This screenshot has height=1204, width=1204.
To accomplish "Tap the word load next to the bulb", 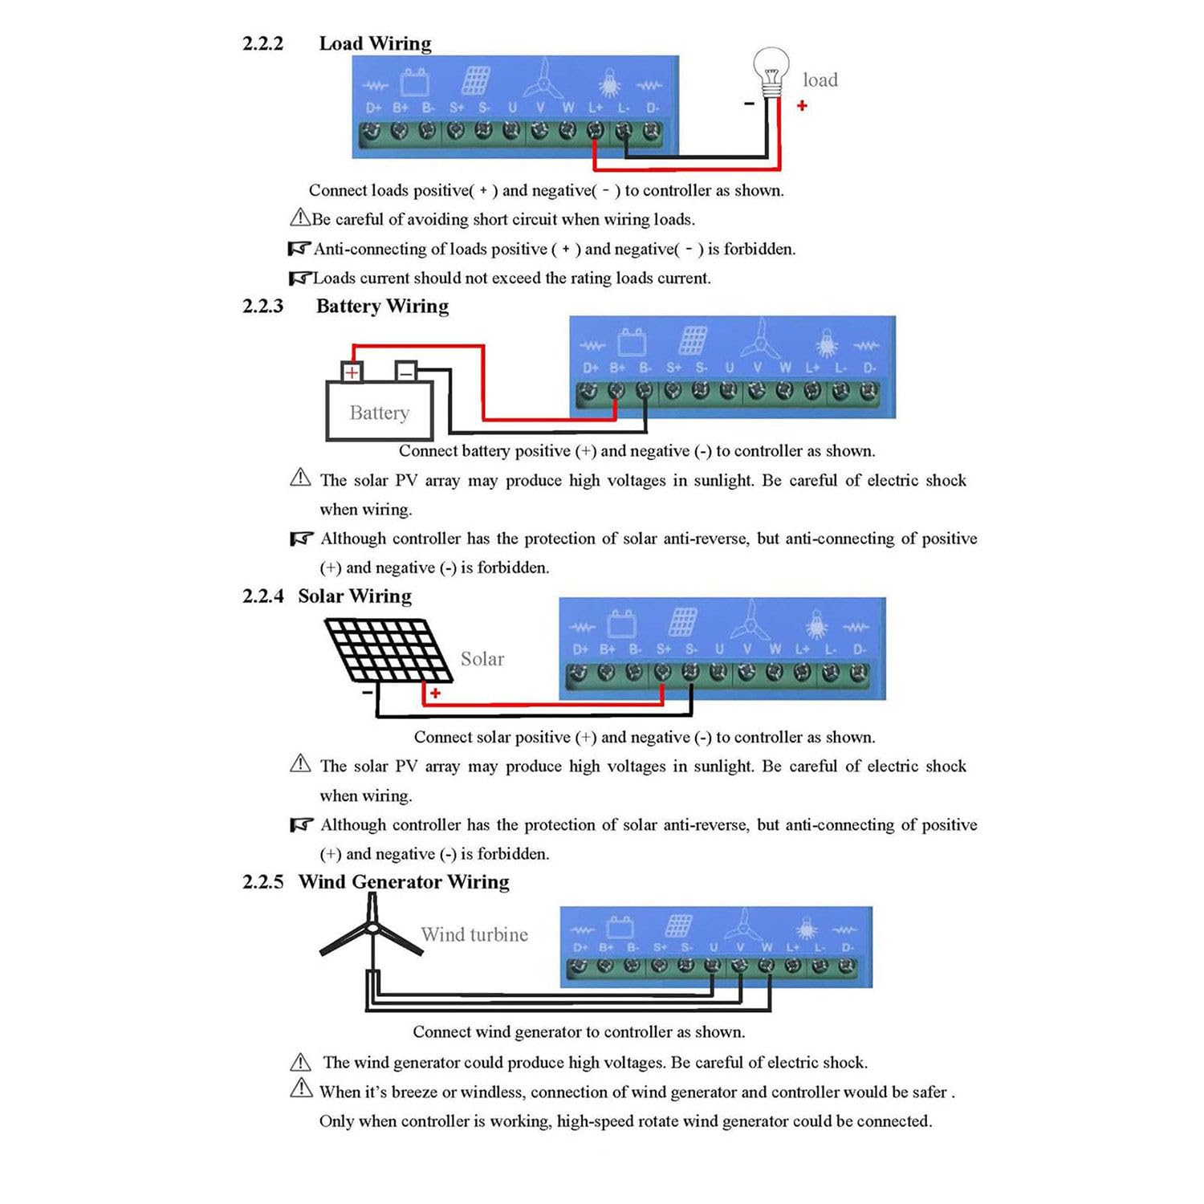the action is [820, 79].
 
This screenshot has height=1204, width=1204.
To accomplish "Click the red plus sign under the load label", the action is [802, 105].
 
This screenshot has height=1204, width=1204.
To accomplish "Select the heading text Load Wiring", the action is [375, 43].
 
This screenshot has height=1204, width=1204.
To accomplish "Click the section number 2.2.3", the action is [263, 306].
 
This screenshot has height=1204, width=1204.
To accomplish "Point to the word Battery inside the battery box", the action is [380, 413].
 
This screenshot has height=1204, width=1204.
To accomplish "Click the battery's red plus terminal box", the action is [352, 372].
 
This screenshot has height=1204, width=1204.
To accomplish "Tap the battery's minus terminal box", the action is [406, 372].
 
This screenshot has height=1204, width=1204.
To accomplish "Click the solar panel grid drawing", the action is [388, 650].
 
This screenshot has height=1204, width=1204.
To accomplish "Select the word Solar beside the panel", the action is [482, 659].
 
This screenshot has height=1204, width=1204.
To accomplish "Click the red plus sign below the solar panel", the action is [435, 693].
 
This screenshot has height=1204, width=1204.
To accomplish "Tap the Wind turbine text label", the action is [474, 934].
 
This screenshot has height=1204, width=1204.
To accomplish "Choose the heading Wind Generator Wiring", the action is [404, 881].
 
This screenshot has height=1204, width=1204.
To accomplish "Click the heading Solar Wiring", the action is [355, 596].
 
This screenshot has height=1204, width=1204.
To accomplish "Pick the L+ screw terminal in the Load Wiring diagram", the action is [596, 130].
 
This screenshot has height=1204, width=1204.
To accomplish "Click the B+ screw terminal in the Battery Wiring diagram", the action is [616, 391].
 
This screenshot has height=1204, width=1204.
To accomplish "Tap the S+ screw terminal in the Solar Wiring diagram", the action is [662, 672].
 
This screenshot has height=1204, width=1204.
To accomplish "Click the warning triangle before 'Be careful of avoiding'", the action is [300, 218].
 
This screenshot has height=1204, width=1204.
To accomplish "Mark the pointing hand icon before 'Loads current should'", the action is [299, 279].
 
